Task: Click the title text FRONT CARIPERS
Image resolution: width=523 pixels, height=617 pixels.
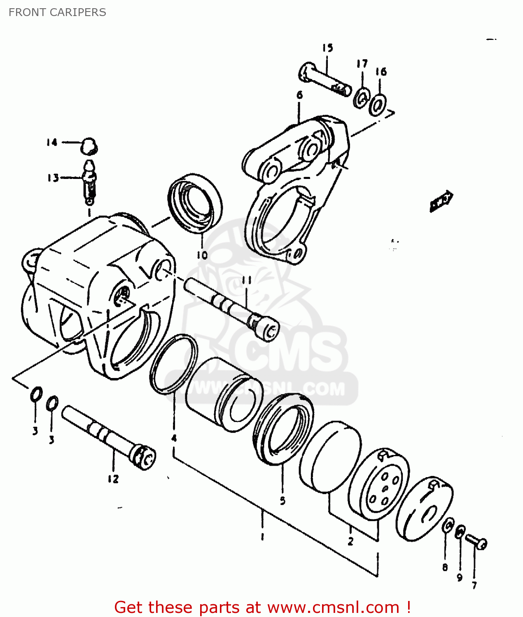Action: point(57,12)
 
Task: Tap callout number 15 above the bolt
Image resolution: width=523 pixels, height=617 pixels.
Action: point(327,48)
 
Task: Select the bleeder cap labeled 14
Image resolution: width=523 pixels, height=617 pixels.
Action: point(89,146)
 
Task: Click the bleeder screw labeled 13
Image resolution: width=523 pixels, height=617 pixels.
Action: point(90,183)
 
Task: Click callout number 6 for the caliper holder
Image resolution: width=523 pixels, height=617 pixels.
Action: point(299,95)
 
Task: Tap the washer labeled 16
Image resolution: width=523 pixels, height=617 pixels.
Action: point(378,105)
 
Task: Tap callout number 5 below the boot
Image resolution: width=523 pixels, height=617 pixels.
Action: point(283,501)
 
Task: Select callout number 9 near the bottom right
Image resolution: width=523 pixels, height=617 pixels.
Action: point(460,578)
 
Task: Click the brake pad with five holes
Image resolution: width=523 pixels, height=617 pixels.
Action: point(379,485)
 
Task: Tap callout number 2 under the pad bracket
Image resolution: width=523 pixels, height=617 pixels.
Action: point(350,541)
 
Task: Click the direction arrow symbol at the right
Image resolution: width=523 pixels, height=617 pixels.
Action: point(441,201)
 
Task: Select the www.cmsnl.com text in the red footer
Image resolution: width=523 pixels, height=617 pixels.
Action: point(334,607)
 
